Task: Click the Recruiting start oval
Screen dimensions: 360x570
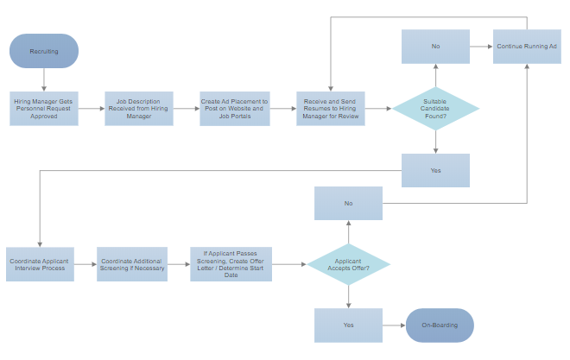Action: [x=44, y=51]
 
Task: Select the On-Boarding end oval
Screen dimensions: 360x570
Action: [x=440, y=325]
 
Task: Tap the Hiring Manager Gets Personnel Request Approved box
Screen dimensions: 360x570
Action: [x=44, y=109]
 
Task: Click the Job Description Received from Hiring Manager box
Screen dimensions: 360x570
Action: [x=139, y=109]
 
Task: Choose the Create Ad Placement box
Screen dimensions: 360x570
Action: [x=234, y=109]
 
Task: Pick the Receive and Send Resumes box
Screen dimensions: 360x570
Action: [x=330, y=109]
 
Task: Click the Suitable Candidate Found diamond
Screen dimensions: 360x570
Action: [x=435, y=109]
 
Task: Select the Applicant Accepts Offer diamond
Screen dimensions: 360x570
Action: [x=349, y=264]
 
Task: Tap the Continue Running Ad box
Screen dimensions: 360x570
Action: [x=527, y=47]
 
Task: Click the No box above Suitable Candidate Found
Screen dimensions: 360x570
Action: [x=435, y=47]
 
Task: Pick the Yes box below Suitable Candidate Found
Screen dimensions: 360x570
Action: [x=435, y=170]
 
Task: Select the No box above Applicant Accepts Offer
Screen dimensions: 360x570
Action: [x=349, y=204]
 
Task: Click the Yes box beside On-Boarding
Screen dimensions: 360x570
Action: [x=349, y=325]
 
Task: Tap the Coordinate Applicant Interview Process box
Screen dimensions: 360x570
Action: [x=40, y=264]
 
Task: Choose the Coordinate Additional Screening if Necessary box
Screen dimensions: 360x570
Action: [x=131, y=264]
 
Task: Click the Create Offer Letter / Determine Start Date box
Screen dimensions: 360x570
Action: [x=231, y=264]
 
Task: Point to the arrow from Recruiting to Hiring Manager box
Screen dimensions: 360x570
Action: [x=44, y=79]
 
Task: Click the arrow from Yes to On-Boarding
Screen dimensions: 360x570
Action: [x=394, y=325]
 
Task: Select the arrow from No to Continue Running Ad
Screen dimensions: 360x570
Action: [x=481, y=47]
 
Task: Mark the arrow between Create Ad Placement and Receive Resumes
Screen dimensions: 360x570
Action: [x=282, y=109]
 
